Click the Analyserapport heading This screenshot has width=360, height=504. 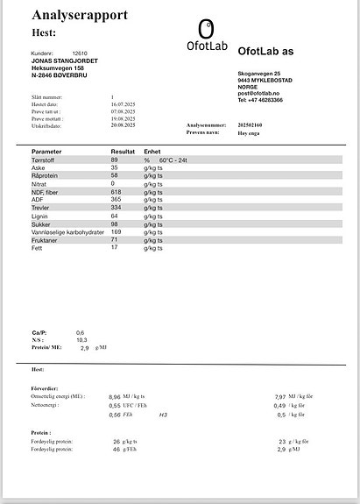[80, 15]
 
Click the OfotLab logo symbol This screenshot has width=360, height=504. [205, 28]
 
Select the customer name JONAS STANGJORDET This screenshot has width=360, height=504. [65, 60]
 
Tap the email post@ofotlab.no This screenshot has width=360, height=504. [264, 92]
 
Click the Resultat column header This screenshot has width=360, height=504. [123, 152]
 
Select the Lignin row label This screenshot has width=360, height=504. [39, 216]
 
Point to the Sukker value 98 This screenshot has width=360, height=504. [114, 224]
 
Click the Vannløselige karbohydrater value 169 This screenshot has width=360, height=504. [116, 231]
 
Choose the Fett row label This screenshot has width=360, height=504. [38, 247]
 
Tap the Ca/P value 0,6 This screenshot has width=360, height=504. [80, 333]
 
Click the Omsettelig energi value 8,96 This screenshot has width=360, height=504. [115, 396]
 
